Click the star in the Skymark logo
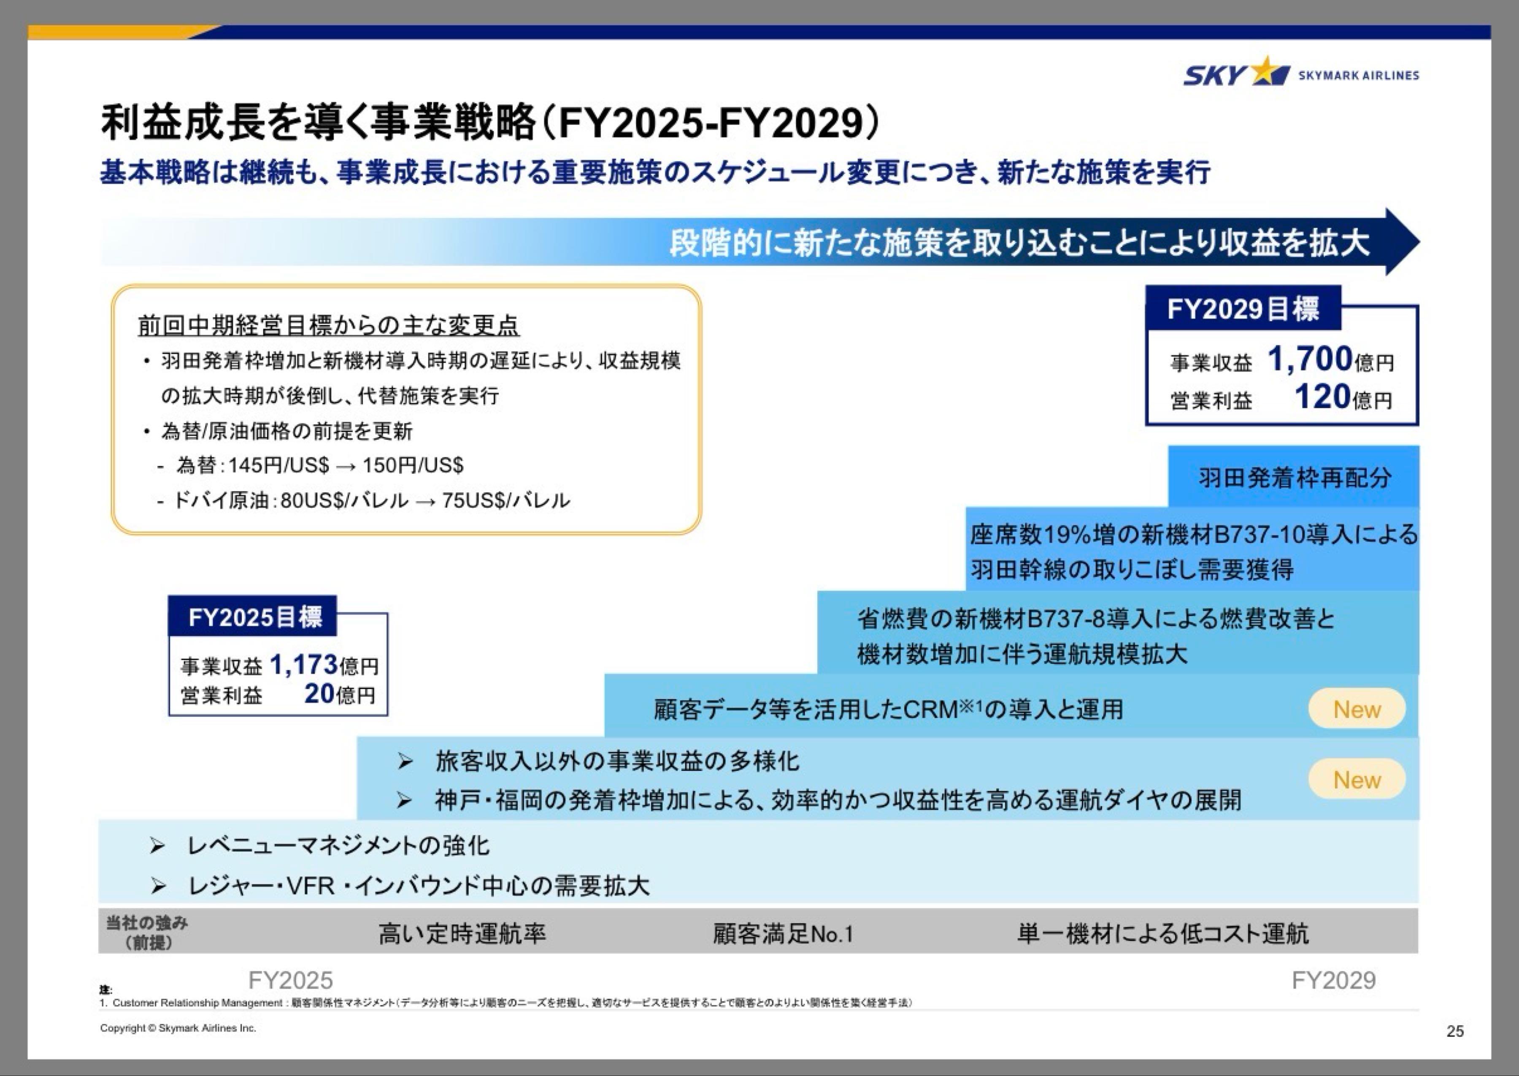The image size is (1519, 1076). pos(1267,72)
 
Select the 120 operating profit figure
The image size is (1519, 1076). pos(1322,397)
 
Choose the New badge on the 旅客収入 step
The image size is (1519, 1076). pos(1356,780)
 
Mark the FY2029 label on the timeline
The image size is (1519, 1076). pos(1333,980)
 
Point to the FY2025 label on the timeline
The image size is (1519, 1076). pos(290,980)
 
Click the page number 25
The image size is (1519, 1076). pos(1455,1031)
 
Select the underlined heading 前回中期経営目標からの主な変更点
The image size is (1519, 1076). pos(328,325)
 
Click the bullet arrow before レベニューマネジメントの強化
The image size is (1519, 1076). pos(157,846)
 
